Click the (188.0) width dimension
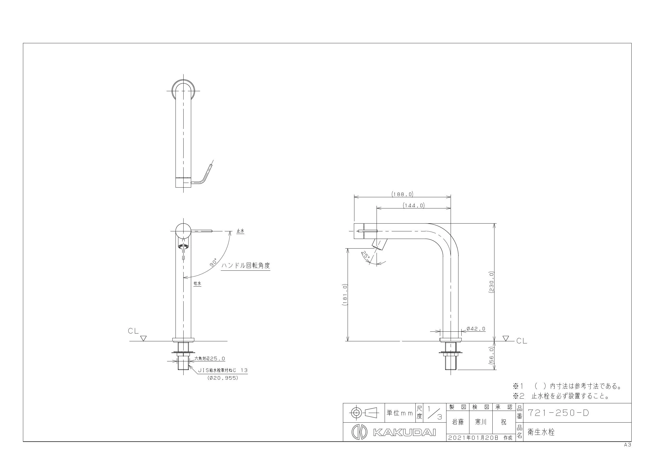(402, 194)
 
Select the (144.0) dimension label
(413, 206)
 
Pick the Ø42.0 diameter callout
(476, 329)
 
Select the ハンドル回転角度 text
(245, 265)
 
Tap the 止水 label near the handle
(240, 231)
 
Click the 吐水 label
(197, 283)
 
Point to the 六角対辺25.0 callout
(210, 359)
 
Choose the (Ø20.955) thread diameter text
(223, 378)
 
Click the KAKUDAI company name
(404, 432)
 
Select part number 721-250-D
(558, 413)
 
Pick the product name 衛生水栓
(541, 432)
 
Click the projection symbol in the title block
(363, 413)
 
